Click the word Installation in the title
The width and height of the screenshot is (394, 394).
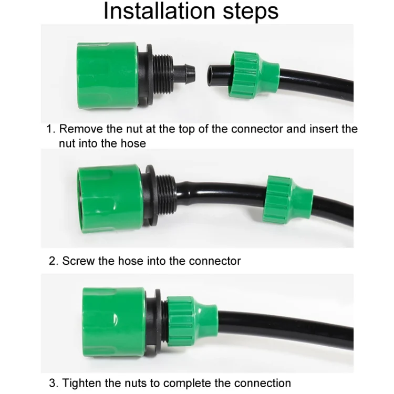[158, 12]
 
